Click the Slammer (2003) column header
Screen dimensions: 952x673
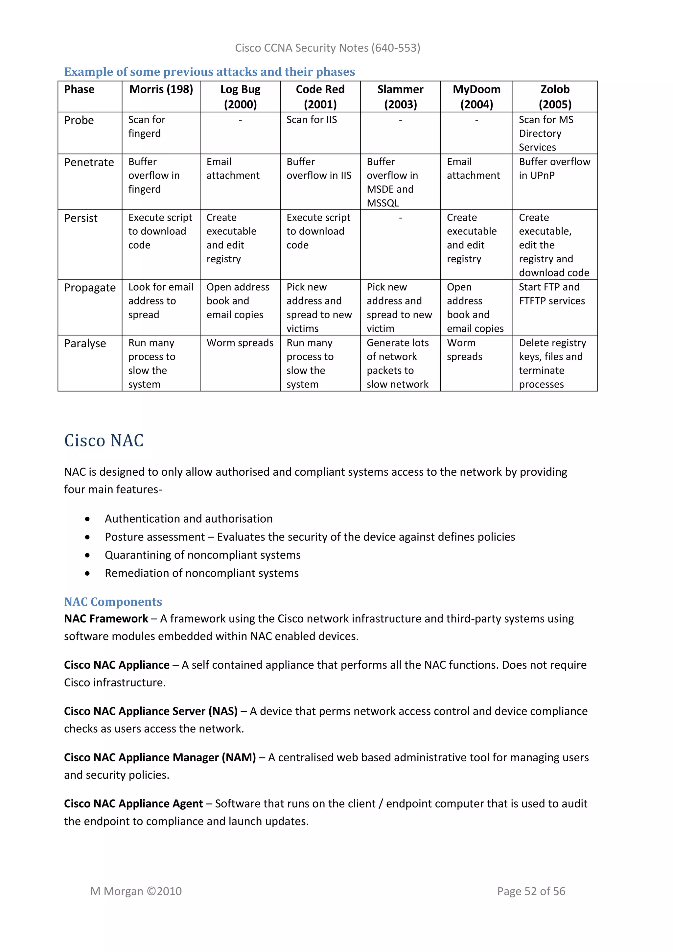click(400, 97)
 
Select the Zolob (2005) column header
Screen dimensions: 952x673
click(555, 97)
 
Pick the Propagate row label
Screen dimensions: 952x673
click(89, 287)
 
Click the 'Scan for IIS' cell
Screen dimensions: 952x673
click(312, 120)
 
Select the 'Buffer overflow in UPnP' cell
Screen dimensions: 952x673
click(554, 168)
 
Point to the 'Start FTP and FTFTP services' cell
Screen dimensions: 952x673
click(552, 294)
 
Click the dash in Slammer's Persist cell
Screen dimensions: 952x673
click(400, 218)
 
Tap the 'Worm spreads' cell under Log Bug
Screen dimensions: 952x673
click(240, 343)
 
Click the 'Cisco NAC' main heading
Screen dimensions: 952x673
click(104, 440)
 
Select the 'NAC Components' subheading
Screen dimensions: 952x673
click(113, 602)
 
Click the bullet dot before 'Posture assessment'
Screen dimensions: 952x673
click(87, 537)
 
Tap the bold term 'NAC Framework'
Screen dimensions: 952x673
click(106, 619)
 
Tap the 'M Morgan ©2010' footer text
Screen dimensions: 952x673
click(136, 891)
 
